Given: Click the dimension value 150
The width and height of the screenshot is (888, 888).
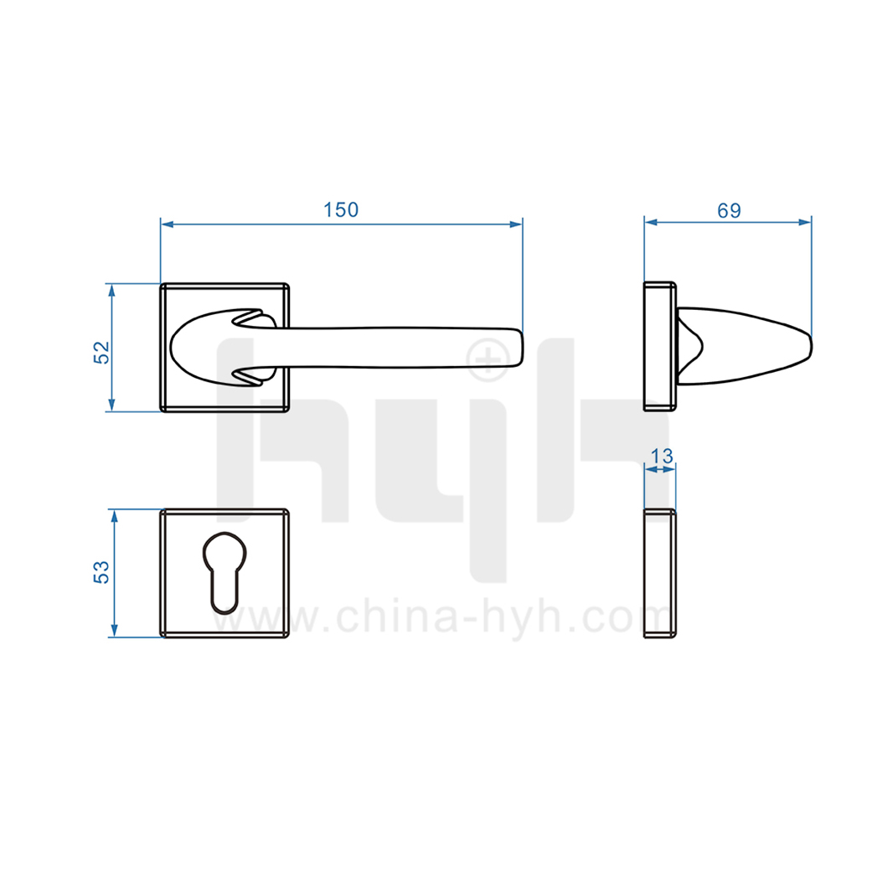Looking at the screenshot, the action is (341, 210).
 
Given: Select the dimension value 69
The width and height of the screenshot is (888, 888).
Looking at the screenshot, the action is (729, 210).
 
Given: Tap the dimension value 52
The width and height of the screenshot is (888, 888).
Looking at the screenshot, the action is (101, 352).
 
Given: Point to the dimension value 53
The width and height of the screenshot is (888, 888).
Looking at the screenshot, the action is (101, 572).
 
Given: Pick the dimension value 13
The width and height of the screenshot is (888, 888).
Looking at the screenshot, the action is (662, 456).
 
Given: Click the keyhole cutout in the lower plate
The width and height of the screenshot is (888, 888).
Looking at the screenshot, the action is (225, 572).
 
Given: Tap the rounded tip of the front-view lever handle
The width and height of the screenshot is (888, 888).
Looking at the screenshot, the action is (520, 347).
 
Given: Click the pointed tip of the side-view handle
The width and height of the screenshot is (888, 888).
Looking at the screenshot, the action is (810, 347).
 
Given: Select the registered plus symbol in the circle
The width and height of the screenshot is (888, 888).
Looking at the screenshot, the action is (488, 359).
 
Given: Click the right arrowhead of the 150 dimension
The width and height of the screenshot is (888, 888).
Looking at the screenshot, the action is (516, 225).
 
